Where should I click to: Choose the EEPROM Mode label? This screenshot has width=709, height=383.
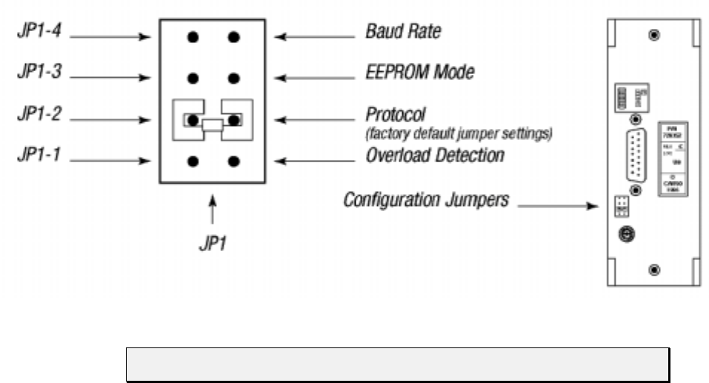point(419,73)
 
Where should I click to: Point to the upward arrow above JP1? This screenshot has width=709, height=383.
point(213,211)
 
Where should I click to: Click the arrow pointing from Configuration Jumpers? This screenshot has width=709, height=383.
point(556,207)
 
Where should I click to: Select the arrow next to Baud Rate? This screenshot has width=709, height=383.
point(315,35)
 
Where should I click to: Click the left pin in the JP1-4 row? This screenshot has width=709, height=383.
point(193,36)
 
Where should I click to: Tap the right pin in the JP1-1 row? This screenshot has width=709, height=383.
point(234,160)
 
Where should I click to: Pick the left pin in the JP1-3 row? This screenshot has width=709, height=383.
point(193,77)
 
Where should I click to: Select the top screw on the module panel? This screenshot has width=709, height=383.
point(653,36)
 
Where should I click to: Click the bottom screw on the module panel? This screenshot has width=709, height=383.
point(653,269)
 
